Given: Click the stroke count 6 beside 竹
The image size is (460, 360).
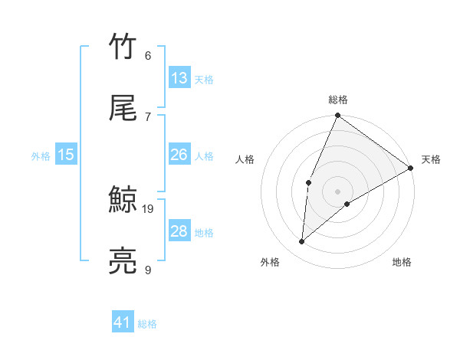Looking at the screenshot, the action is (148, 55).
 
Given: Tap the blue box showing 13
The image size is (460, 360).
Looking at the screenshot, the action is (179, 78).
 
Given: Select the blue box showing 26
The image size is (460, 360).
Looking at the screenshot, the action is (179, 155).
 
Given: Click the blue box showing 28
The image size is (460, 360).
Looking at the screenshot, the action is (179, 231).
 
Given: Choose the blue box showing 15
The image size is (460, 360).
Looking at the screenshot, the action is (66, 155).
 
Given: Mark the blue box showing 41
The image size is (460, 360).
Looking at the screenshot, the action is (123, 323).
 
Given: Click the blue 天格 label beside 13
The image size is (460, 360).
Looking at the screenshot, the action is (204, 80).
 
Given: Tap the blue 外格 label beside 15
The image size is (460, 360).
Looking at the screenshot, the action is (41, 156).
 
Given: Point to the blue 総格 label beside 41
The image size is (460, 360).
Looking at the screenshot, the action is (147, 325).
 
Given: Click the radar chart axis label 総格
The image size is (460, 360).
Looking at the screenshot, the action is (338, 100).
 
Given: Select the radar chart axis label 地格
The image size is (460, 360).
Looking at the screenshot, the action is (402, 263).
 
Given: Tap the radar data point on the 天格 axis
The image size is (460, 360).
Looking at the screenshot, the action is (411, 168).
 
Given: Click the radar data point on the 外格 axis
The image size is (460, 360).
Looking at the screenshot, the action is (302, 242).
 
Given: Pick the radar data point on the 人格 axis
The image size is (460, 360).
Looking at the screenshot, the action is (308, 182).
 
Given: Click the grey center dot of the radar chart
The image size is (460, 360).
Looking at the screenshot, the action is (338, 191).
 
